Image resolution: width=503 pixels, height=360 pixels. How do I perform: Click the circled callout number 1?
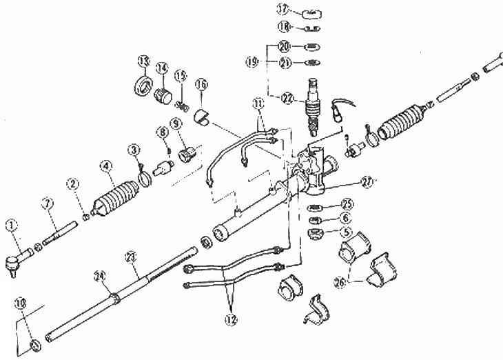(x=11, y=224)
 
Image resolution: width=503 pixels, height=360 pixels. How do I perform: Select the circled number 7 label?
(x=47, y=203)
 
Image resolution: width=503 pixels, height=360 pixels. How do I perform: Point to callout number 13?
(x=144, y=63)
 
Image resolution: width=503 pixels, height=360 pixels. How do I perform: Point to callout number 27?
(x=369, y=183)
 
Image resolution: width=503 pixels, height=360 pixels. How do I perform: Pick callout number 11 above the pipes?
(x=258, y=103)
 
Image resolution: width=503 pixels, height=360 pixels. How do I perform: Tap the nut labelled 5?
(x=314, y=232)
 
